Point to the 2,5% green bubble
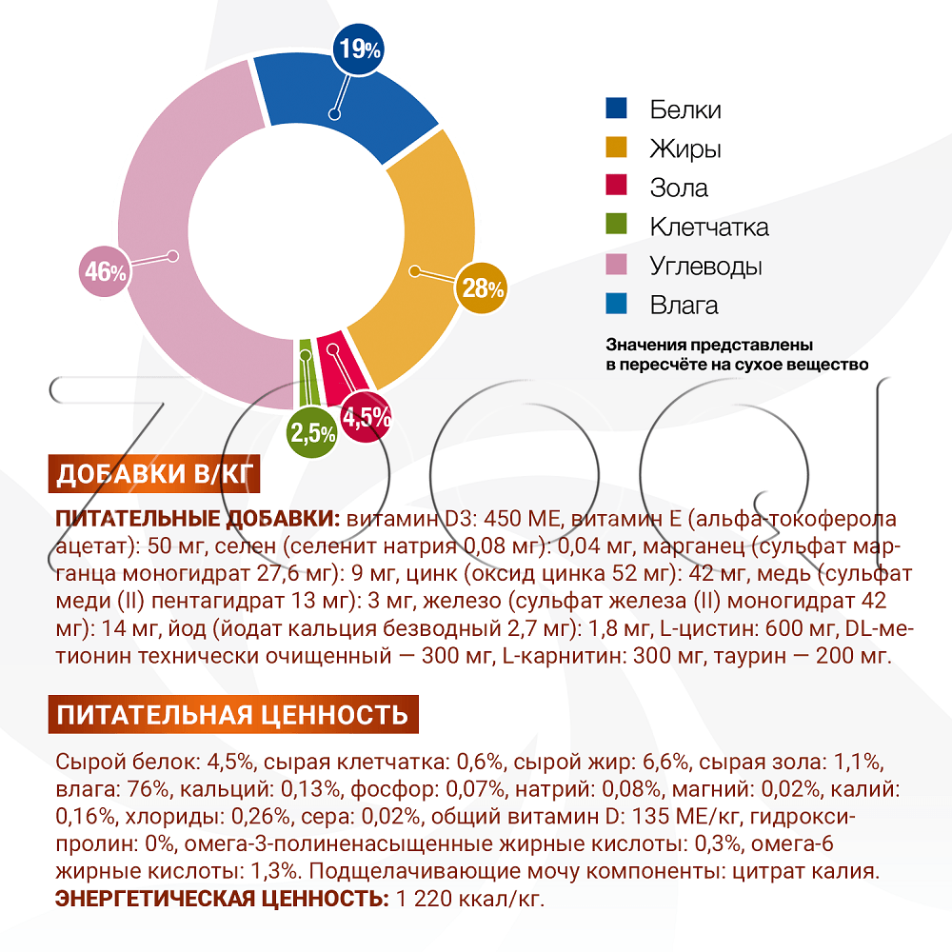312,434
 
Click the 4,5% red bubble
366,417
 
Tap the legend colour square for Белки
616,109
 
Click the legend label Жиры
684,149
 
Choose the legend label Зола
679,188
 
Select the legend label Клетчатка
709,227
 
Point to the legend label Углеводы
705,266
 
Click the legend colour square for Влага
616,305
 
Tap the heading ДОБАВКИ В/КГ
153,474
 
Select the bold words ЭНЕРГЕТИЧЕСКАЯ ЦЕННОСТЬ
222,899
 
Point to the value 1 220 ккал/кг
470,899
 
